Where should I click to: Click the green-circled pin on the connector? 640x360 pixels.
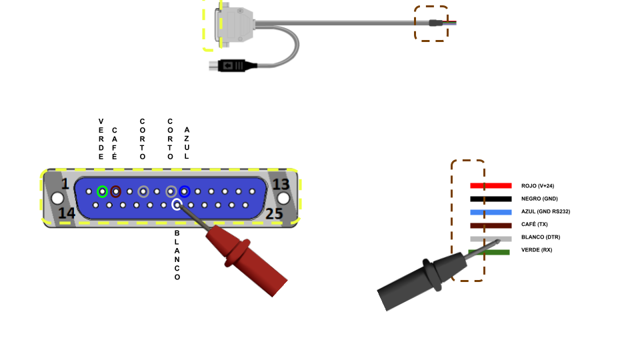102,191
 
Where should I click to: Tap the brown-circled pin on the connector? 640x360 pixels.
116,191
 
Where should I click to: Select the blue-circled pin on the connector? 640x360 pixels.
185,191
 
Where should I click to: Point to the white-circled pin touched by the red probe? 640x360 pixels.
177,205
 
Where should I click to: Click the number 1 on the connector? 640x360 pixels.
65,184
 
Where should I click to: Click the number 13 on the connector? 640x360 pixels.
281,184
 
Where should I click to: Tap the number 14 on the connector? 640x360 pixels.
66,213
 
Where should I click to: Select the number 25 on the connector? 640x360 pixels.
275,213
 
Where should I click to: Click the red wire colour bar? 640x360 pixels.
491,185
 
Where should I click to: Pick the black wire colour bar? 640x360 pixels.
491,199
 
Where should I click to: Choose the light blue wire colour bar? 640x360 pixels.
491,211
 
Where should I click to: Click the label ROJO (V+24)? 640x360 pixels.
537,186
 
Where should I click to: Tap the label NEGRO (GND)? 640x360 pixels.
539,199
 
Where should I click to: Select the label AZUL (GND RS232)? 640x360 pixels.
545,211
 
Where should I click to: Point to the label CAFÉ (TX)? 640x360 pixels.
535,224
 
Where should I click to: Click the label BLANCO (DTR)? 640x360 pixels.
541,237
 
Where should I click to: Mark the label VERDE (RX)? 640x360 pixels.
537,250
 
